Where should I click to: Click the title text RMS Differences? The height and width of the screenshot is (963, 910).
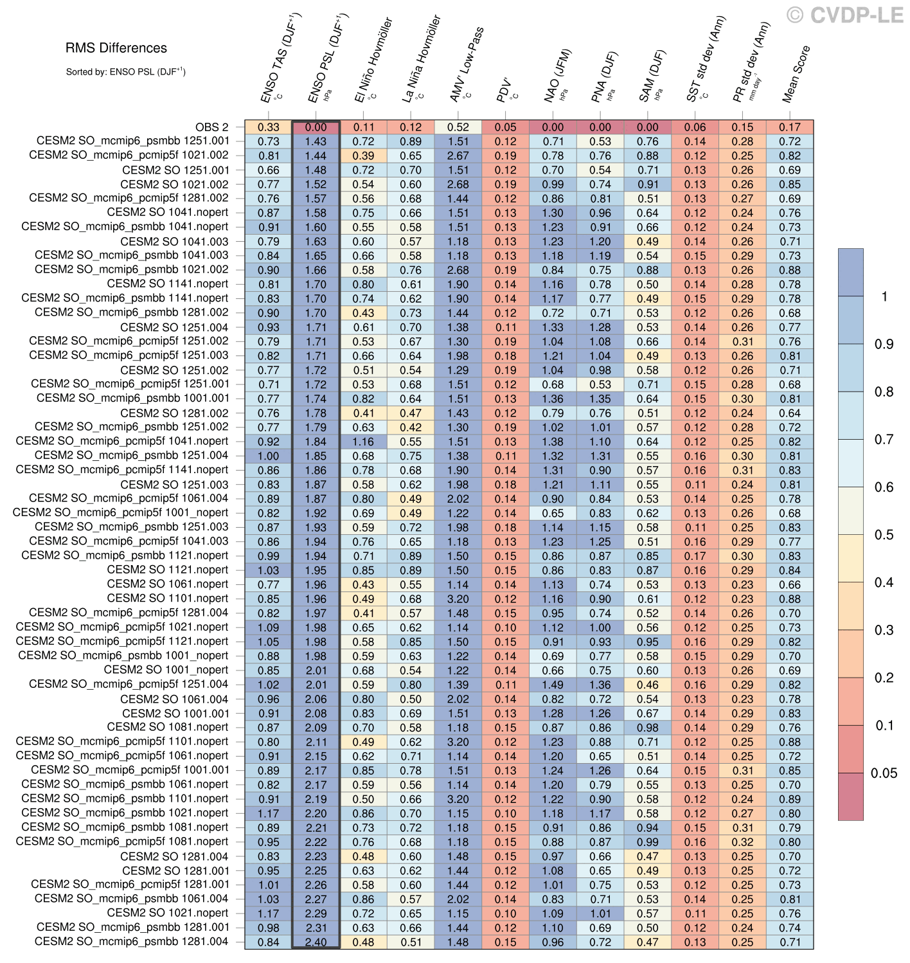pos(116,48)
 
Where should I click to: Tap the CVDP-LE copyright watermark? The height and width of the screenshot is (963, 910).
pos(845,15)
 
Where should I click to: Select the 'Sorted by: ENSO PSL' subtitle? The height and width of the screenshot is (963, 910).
pos(125,71)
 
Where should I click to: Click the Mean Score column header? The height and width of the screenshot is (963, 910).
pos(796,74)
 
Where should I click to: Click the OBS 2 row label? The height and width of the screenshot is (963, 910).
pos(211,127)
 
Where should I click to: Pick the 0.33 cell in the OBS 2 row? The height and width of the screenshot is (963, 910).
pos(269,127)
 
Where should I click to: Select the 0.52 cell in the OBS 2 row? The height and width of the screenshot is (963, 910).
pos(458,127)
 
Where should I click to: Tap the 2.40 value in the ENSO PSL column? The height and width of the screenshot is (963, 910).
pos(316,942)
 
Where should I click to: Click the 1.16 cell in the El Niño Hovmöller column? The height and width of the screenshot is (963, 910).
pos(363,442)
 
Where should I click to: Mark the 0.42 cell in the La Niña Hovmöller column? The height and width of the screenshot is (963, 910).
pos(411,427)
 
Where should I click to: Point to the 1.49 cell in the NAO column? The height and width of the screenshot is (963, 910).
pos(553,685)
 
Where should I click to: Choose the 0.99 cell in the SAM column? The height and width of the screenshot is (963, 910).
pos(648,842)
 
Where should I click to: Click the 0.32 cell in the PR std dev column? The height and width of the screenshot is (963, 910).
pos(742,842)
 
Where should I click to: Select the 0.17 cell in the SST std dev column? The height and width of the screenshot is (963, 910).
pos(695,556)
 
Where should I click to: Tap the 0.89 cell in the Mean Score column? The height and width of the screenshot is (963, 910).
pos(790,799)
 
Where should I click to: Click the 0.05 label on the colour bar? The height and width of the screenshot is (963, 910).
pos(884,773)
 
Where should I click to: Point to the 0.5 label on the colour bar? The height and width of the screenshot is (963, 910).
pos(884,535)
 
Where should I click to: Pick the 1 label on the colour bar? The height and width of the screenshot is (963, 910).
pos(885,296)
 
